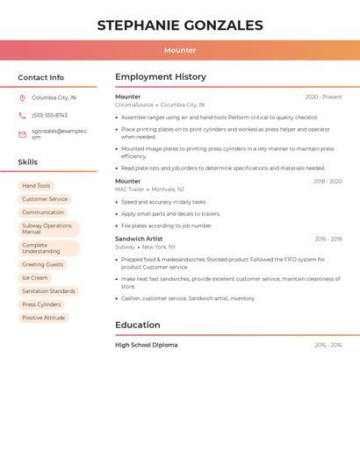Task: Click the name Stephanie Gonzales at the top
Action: (x=180, y=25)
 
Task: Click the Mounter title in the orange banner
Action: (x=180, y=50)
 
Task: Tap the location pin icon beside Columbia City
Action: (x=22, y=98)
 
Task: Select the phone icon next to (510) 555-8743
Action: (x=22, y=115)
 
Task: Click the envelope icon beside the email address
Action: (x=22, y=134)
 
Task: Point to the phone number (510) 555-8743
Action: (x=49, y=115)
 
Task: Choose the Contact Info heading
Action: (x=40, y=77)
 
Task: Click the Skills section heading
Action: (x=27, y=162)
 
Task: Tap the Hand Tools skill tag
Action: (x=36, y=186)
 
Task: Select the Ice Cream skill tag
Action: (x=35, y=278)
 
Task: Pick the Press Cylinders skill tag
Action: (x=41, y=304)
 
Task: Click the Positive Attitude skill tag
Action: (x=43, y=318)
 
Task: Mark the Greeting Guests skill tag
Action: (x=43, y=265)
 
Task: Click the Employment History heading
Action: (x=161, y=77)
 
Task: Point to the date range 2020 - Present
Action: (x=323, y=97)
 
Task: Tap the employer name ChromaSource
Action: (x=134, y=104)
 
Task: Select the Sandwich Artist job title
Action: (x=139, y=239)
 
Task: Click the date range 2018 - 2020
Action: (x=328, y=182)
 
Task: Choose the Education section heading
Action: (x=138, y=325)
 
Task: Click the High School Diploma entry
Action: (x=146, y=345)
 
